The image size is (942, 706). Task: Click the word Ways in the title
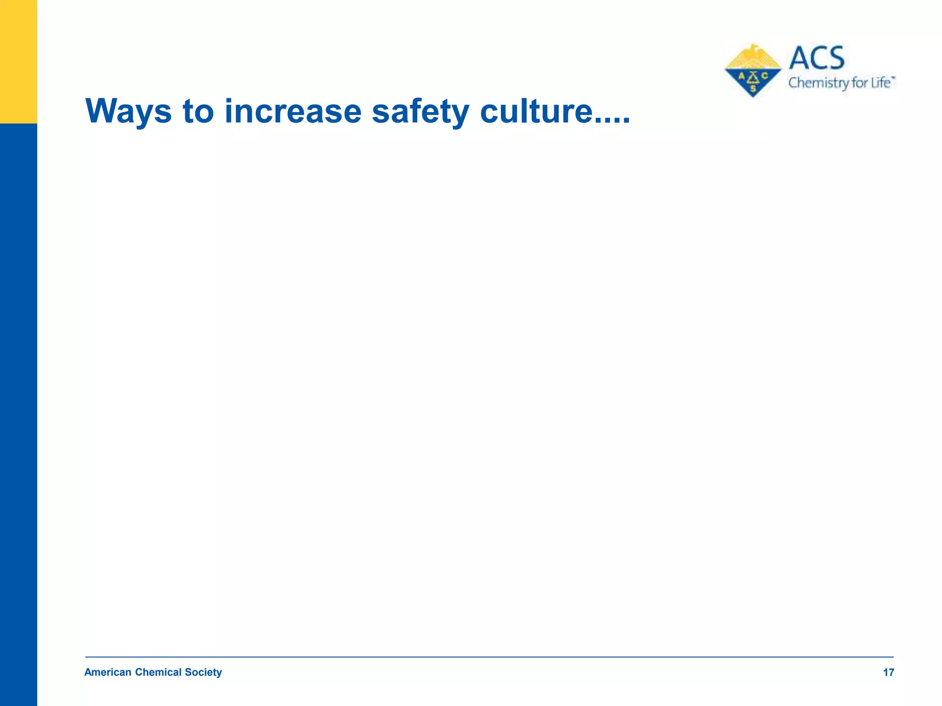pos(128,111)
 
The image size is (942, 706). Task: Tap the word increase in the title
pos(293,111)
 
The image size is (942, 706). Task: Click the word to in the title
pos(198,111)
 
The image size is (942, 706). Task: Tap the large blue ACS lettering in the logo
pos(817,58)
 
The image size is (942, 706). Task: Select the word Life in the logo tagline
pos(880,83)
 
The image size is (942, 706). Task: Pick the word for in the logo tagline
pos(859,83)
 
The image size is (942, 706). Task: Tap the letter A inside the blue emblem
pos(741,76)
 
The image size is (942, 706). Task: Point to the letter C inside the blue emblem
pos(764,76)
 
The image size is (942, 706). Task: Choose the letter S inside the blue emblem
pos(753,88)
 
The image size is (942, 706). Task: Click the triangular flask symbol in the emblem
pos(753,77)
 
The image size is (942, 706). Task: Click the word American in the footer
pos(108,672)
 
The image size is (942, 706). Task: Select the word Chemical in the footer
pos(158,672)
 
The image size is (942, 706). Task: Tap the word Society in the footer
pos(203,672)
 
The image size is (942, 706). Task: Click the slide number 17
pos(888,673)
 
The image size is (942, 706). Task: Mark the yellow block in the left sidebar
pos(18,62)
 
